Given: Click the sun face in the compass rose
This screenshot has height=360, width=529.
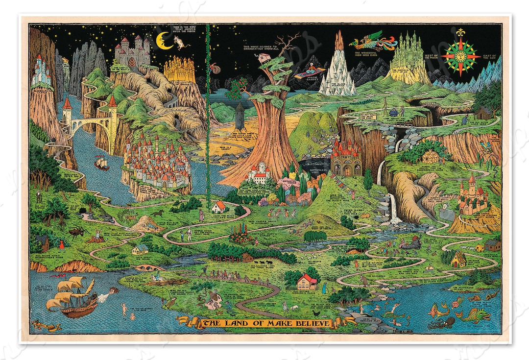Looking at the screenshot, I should coord(460,56).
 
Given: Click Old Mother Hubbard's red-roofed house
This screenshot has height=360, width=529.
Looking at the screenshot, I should coord(307,281).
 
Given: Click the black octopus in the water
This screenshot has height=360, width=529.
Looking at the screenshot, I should coord(441,322).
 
